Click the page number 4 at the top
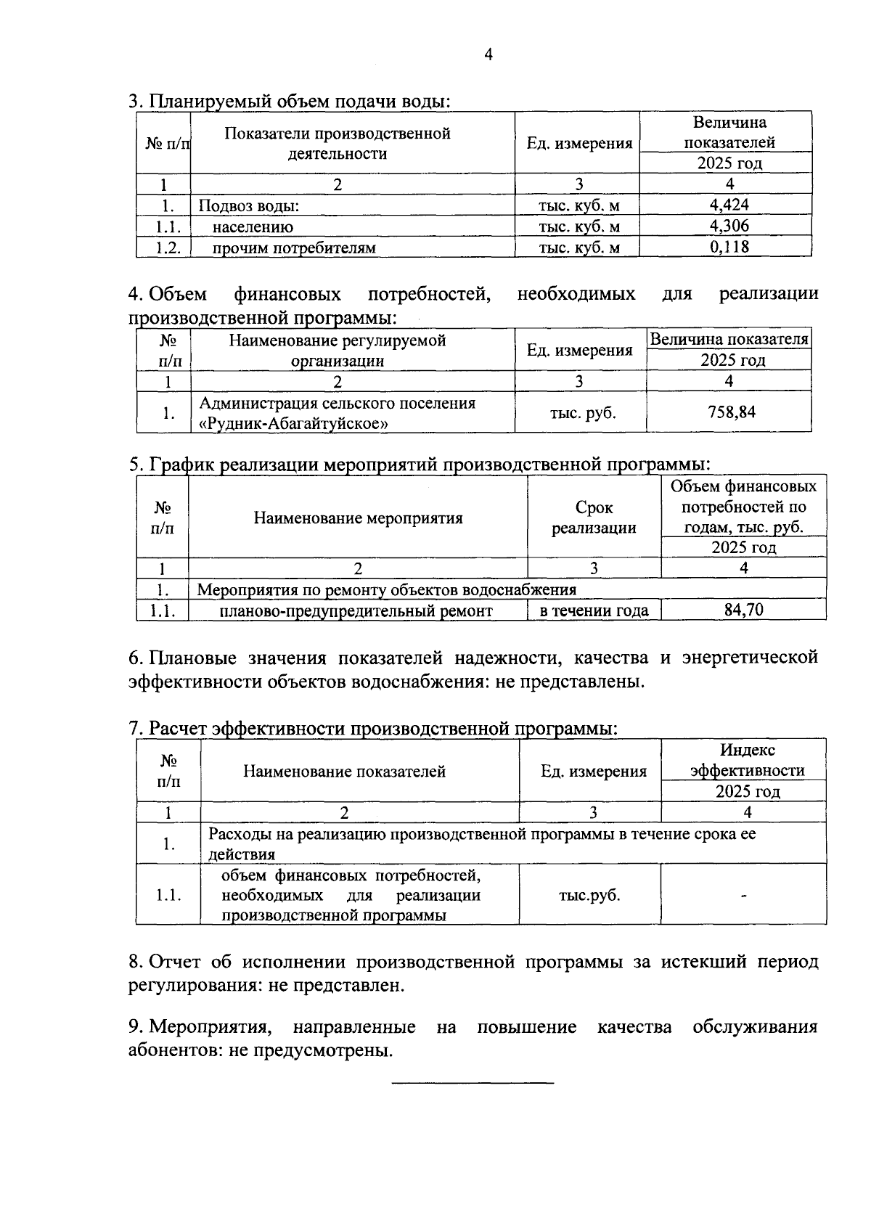pos(488,55)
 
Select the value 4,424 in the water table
pos(729,205)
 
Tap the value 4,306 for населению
pos(729,226)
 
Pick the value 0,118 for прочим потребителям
pos(729,247)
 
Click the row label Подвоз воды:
pos(249,205)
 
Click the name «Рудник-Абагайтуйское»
pos(293,423)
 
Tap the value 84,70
pos(743,610)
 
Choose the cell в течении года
pos(594,610)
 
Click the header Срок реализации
pos(594,518)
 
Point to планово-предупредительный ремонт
pos(356,611)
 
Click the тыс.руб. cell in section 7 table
pos(589,895)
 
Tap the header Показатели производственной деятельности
pos(338,143)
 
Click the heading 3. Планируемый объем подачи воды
pos(290,101)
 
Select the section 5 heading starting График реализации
pos(419,463)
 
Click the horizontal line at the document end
pos(472,1084)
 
